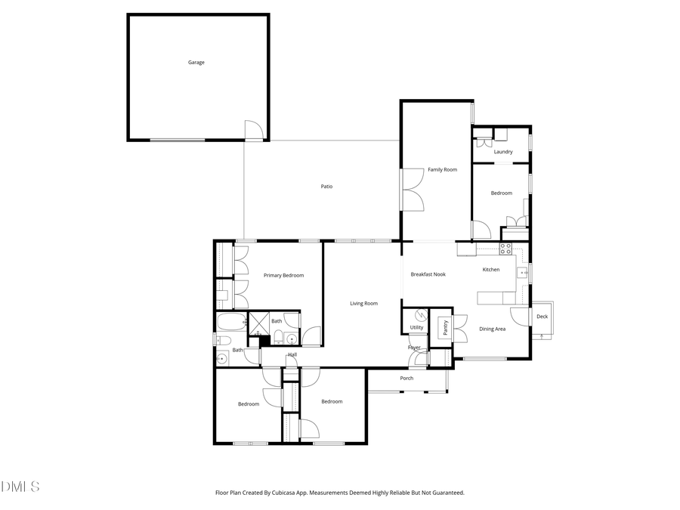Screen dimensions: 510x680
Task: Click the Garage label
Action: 196,63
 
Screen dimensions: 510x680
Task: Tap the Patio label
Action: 326,187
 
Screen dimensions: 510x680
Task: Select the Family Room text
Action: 443,170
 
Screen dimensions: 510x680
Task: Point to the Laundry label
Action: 503,152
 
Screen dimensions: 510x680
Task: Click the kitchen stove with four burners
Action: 505,247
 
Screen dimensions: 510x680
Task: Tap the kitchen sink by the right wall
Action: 522,273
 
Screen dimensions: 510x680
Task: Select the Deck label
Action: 542,317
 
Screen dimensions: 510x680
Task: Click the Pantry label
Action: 446,327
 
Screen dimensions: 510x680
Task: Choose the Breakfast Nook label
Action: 428,274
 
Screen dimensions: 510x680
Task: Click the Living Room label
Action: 363,304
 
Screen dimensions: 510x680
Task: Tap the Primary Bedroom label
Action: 283,276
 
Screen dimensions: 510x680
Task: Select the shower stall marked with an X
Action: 258,323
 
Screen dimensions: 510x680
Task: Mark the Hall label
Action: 292,354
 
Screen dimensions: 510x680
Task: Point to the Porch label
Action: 406,379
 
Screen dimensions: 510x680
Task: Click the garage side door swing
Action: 255,131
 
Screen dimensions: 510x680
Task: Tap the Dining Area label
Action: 493,329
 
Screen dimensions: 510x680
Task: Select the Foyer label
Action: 414,348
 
